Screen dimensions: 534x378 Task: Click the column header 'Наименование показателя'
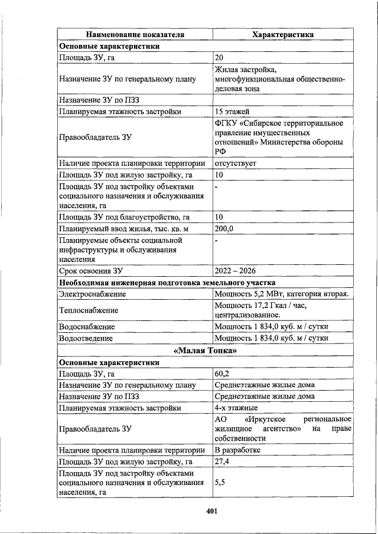pyautogui.click(x=135, y=35)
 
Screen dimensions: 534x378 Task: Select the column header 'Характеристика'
pyautogui.click(x=282, y=35)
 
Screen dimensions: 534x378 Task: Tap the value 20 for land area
pyautogui.click(x=219, y=57)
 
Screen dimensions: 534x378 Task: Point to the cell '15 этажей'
pyautogui.click(x=232, y=112)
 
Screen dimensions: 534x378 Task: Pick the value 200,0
pyautogui.click(x=224, y=229)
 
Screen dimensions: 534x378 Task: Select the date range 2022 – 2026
pyautogui.click(x=236, y=271)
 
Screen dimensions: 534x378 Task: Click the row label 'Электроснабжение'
pyautogui.click(x=92, y=294)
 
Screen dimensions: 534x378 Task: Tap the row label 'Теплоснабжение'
pyautogui.click(x=89, y=310)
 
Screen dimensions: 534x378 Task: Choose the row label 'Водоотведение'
pyautogui.click(x=86, y=339)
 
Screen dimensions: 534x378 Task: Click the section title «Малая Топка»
pyautogui.click(x=206, y=351)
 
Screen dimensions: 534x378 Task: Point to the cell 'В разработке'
pyautogui.click(x=237, y=450)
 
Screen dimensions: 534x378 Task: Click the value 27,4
pyautogui.click(x=222, y=461)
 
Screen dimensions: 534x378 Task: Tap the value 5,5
pyautogui.click(x=219, y=482)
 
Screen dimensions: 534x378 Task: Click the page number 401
pyautogui.click(x=213, y=511)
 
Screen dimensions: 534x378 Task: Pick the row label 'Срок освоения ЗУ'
pyautogui.click(x=90, y=271)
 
